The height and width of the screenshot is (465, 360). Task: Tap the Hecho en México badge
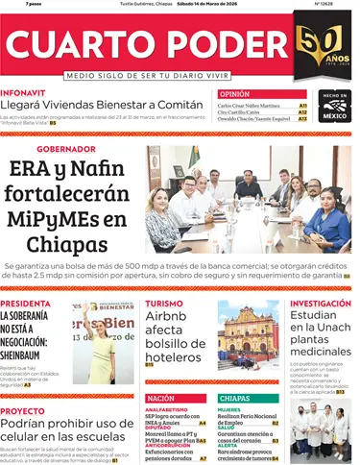334,107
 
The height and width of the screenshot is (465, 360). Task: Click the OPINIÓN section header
234,94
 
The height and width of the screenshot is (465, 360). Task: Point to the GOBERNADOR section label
66,150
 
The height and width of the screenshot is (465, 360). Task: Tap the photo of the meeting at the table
248,199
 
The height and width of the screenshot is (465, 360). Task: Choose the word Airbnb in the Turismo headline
172,319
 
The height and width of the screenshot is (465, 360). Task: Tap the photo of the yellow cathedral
248,331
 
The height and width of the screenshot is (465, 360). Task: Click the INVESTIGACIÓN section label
321,304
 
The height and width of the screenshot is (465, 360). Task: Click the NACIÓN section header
161,398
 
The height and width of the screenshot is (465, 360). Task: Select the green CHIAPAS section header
235,398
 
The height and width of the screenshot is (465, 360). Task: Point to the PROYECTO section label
22,409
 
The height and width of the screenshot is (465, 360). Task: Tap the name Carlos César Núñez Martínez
254,105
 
